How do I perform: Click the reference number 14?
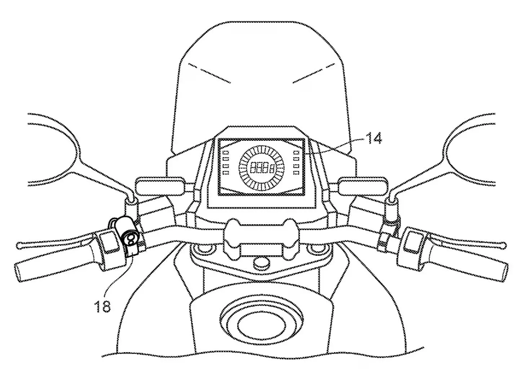point(373,138)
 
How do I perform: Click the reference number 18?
point(102,307)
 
